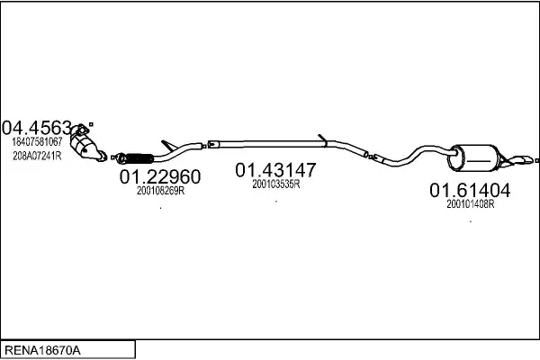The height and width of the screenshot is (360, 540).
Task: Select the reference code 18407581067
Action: click(x=37, y=141)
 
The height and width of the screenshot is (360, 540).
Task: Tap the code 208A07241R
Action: click(x=37, y=155)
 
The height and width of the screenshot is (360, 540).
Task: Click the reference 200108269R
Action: click(x=160, y=190)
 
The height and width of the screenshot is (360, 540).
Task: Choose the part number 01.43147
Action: click(x=275, y=169)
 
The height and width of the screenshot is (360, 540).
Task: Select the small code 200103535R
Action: click(x=275, y=184)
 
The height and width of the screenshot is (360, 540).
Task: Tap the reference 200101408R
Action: click(x=471, y=204)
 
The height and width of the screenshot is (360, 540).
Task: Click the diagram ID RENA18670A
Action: click(x=44, y=347)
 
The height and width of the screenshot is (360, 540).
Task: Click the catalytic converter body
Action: click(x=90, y=149)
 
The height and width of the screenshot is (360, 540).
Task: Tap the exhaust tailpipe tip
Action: click(x=522, y=161)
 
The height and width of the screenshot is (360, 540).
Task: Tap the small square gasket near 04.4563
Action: click(x=93, y=125)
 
